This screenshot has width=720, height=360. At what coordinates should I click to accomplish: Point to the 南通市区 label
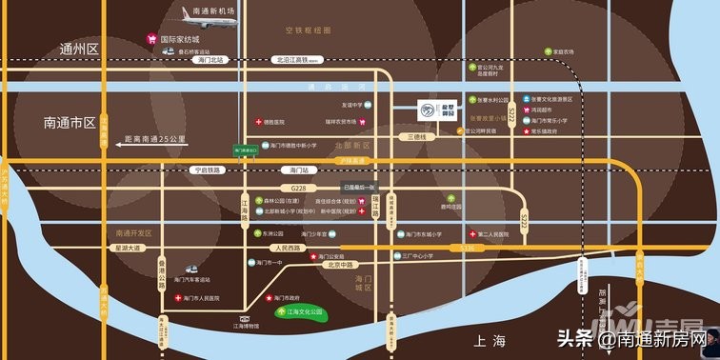pos(70,123)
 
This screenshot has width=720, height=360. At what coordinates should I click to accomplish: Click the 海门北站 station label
pos(210,59)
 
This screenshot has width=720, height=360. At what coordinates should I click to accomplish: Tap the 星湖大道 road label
pos(128,248)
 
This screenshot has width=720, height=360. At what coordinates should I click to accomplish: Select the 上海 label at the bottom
pos(485,340)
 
